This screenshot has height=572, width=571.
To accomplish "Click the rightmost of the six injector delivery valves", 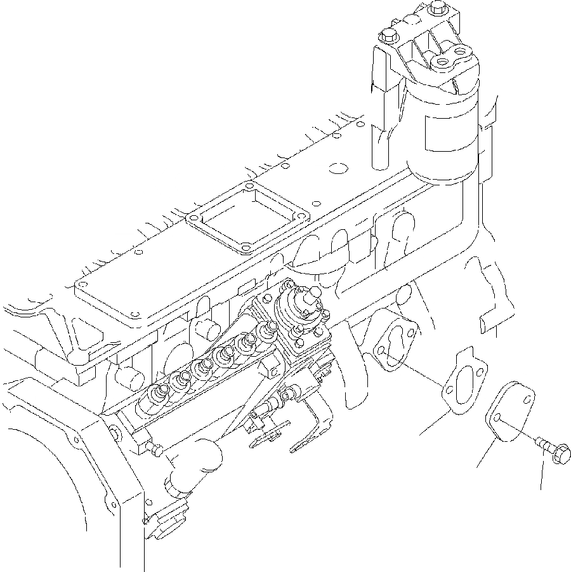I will [x=268, y=328].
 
